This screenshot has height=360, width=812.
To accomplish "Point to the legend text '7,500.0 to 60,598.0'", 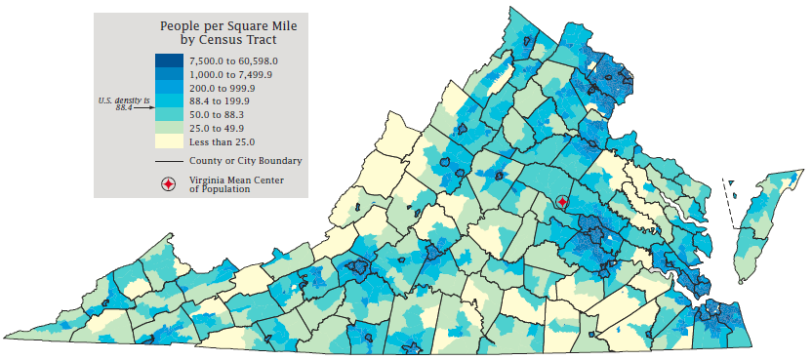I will pos(234,60).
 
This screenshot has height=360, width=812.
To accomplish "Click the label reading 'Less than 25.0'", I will pos(223,141).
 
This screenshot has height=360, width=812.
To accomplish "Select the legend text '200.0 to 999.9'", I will pos(223,88).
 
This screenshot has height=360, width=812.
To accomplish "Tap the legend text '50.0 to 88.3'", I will pos(219,114).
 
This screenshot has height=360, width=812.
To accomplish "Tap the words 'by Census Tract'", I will pos(228,41).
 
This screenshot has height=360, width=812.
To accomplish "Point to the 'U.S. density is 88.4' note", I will pos(123,104).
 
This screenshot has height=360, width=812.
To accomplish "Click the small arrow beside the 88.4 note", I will pos(144,108).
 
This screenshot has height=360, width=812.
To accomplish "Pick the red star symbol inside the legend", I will pos(169,183).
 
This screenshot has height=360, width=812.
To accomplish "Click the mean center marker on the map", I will pos(561,201).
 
